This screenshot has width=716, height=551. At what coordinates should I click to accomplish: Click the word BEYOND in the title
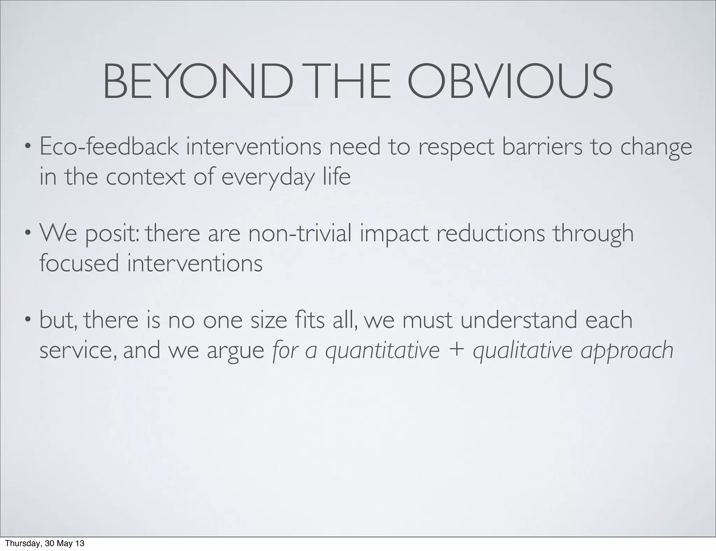(196, 82)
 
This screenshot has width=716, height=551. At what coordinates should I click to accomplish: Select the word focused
(79, 263)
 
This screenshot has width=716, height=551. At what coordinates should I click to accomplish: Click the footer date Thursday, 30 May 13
(45, 544)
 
